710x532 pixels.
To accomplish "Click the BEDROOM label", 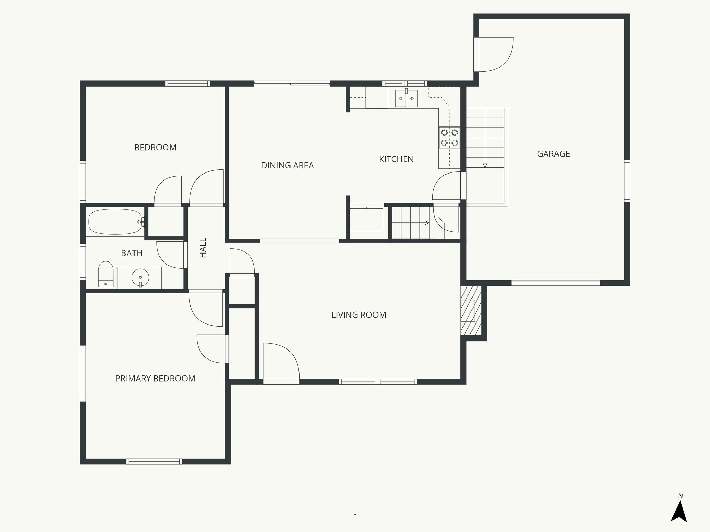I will tap(155, 148).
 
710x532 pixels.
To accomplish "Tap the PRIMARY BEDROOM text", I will tap(155, 379).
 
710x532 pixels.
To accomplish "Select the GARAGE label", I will tap(553, 154).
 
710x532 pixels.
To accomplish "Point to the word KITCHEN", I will tap(396, 159).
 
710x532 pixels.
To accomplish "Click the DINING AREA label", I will tap(287, 166).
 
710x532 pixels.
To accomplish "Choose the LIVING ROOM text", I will tap(358, 315).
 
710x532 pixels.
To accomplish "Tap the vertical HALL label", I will tap(203, 248).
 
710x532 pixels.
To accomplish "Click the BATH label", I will tap(132, 253).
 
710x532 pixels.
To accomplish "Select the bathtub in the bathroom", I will tap(115, 222).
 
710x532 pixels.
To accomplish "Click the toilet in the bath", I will tap(106, 274).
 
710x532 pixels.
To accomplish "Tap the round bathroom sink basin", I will tap(140, 277).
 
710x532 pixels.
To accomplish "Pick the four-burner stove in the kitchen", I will tap(449, 138).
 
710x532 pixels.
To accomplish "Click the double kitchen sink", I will tap(406, 98).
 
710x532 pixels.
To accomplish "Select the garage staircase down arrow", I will tap(485, 165).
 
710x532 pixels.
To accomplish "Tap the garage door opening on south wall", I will tap(556, 283).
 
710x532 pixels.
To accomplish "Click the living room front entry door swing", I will tap(281, 362).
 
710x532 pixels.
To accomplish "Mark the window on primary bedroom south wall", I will tap(154, 461).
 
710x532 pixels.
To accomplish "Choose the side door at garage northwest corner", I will tap(494, 54).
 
